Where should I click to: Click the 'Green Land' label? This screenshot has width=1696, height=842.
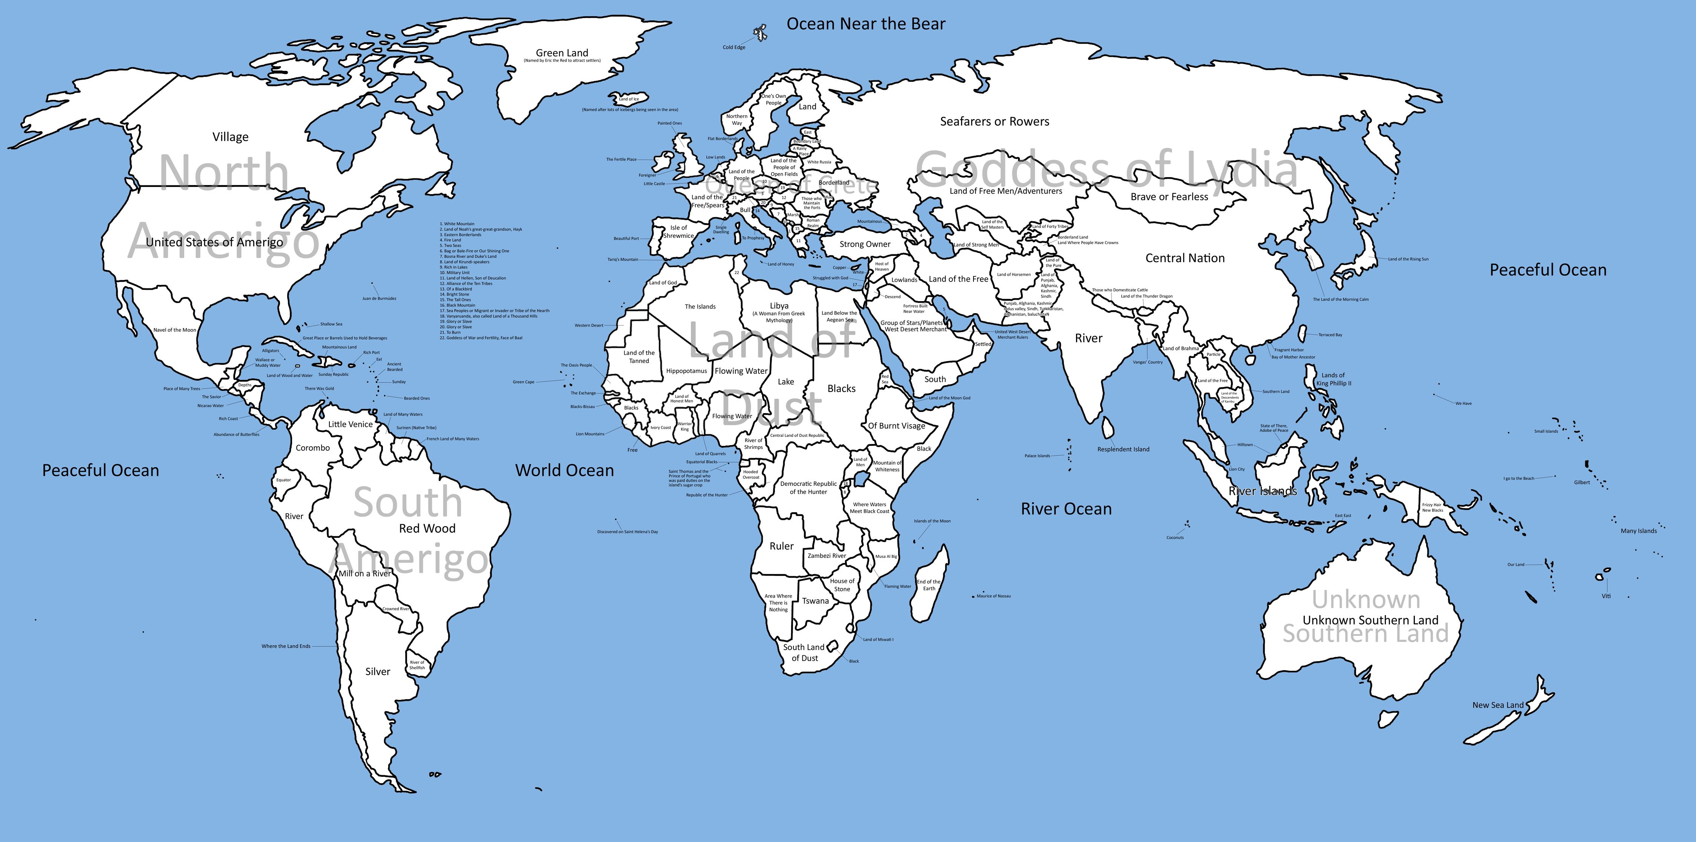562,53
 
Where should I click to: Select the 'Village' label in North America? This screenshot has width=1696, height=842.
230,137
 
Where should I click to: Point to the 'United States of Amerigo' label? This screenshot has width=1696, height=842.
214,242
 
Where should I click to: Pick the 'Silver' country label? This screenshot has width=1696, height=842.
378,672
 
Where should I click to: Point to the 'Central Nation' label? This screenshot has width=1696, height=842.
1185,259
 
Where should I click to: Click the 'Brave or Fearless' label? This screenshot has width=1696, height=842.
1169,197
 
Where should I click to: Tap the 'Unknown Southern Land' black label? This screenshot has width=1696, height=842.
1370,620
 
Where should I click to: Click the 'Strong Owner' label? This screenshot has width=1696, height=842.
865,244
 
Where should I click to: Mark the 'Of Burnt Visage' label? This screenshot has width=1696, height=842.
896,426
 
